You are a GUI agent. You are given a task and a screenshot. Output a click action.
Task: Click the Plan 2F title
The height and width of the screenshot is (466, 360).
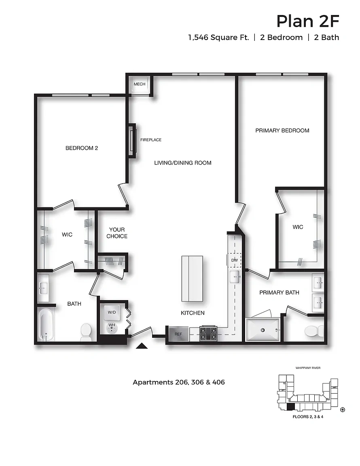308,21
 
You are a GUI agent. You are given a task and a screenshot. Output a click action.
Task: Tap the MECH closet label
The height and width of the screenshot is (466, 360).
140,84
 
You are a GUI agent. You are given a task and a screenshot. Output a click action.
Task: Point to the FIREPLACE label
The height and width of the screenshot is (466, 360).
151,140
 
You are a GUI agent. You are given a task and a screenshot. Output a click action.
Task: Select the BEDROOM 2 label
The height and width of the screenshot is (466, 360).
81,148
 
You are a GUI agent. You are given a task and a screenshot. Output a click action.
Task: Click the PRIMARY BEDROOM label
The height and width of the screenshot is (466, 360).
282,131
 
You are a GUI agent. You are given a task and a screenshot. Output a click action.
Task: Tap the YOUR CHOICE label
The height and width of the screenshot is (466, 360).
117,233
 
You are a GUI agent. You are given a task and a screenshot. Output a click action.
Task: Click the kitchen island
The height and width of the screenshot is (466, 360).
192,279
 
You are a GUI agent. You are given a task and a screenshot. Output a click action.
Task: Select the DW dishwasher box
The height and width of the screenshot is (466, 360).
234,260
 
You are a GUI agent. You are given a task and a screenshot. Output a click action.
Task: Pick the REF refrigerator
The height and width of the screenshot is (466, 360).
178,334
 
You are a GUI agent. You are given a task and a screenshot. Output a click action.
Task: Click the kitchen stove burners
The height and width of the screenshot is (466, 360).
208,333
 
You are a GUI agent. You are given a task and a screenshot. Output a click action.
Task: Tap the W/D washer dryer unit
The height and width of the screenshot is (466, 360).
112,312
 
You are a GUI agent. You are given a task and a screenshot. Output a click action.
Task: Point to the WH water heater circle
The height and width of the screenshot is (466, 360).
112,328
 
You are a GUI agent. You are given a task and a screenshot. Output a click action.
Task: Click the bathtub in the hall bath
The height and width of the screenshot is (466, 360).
46,324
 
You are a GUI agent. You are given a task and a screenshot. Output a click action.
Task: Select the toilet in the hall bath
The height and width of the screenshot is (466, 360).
86,332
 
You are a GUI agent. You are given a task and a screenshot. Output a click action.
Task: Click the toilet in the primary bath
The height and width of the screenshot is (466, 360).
314,331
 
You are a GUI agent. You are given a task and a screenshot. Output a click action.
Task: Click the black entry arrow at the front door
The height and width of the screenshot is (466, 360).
142,345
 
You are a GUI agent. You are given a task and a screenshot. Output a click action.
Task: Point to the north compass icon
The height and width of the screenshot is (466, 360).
343,410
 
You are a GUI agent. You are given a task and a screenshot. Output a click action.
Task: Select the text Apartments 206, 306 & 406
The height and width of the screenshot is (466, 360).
179,382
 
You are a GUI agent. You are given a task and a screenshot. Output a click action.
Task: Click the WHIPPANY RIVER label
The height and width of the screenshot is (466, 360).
308,368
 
